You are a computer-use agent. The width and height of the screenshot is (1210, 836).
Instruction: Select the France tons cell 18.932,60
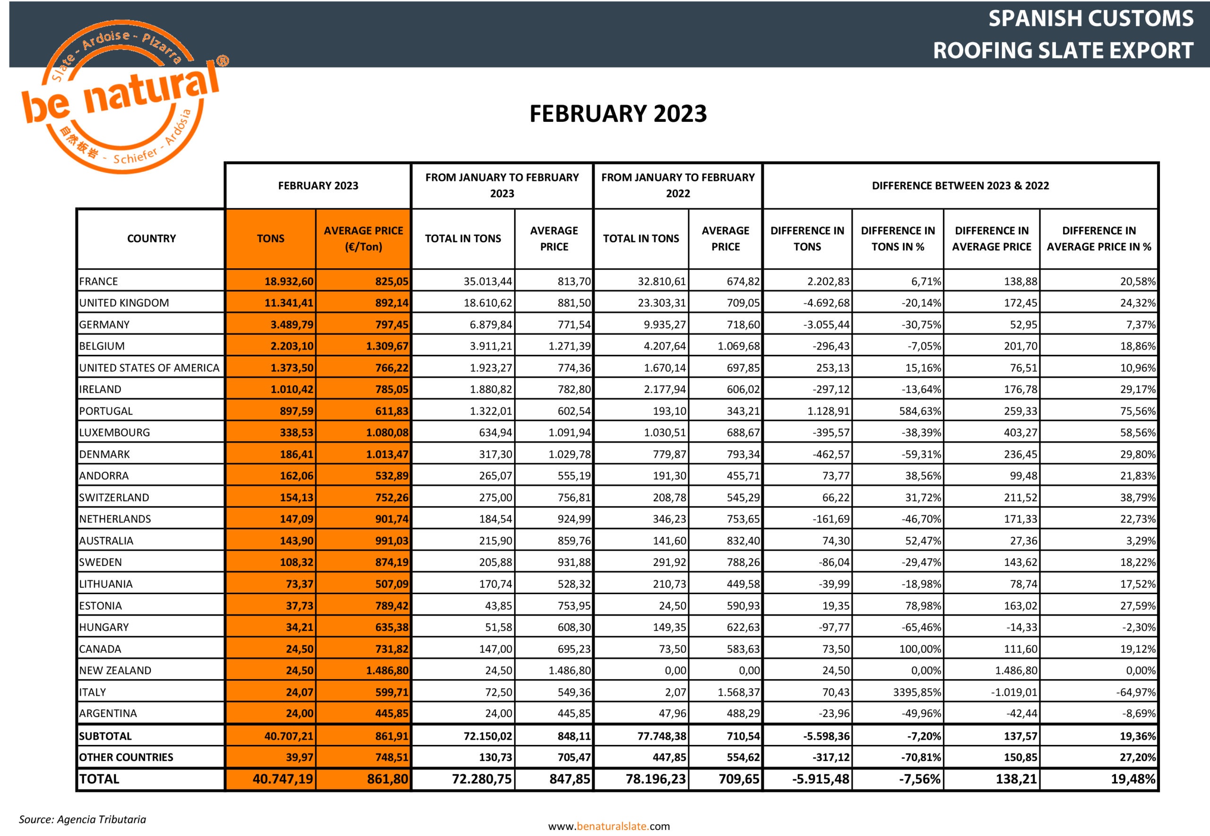(x=289, y=282)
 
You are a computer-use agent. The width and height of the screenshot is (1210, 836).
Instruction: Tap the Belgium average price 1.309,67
(x=387, y=346)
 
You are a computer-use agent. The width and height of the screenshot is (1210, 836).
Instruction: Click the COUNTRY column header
(x=151, y=239)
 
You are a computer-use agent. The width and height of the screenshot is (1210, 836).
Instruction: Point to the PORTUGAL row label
(x=106, y=411)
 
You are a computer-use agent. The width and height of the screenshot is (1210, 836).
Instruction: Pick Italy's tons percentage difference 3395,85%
(x=916, y=692)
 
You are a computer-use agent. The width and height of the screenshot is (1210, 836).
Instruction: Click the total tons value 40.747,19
(x=283, y=779)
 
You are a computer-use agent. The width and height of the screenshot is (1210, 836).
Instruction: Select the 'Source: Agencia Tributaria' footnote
(x=82, y=819)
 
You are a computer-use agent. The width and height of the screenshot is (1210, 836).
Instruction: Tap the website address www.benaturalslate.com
(x=609, y=826)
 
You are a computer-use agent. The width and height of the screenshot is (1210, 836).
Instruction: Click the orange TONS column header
(x=270, y=239)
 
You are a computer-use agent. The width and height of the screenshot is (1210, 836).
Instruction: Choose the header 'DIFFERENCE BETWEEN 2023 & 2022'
(x=960, y=186)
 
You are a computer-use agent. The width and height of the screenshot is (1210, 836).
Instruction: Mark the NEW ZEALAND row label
(x=115, y=671)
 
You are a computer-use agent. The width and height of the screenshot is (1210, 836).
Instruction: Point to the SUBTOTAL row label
(x=105, y=736)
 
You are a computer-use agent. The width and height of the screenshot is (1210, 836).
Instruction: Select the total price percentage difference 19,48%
(x=1132, y=779)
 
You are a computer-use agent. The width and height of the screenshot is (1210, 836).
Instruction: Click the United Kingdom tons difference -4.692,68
(x=826, y=303)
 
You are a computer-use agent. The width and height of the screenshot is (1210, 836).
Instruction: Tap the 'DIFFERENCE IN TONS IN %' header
(x=898, y=239)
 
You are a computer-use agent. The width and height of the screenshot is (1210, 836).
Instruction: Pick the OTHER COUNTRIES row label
(x=126, y=758)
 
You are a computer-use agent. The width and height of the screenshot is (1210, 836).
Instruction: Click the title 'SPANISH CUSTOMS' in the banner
(x=1090, y=18)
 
